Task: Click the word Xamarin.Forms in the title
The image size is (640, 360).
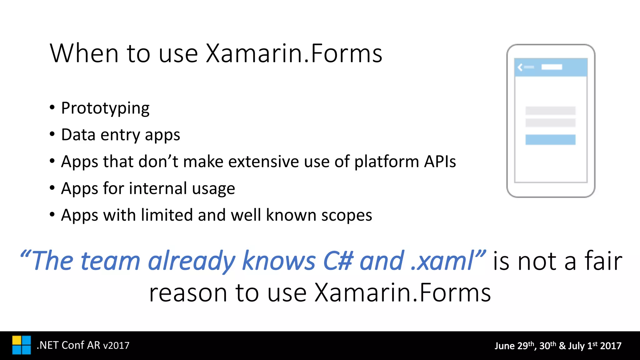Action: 294,54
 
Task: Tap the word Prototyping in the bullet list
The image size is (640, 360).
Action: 105,108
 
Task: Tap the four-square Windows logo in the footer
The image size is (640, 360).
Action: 22,345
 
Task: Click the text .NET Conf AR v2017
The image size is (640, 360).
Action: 83,345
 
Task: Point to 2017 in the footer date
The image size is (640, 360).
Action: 610,346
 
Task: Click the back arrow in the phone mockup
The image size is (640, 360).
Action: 520,67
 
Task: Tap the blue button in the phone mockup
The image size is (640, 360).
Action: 550,140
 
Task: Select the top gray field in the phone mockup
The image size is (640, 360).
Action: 550,111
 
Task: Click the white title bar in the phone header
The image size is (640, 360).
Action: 552,67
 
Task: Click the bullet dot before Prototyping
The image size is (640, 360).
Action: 52,108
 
